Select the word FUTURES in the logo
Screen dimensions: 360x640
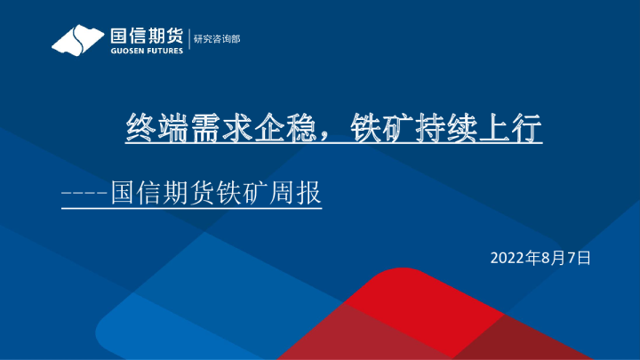click(x=165, y=52)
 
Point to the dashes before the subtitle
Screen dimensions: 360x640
click(x=84, y=192)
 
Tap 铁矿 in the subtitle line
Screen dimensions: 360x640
click(x=234, y=192)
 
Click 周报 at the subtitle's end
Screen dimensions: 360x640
click(x=299, y=192)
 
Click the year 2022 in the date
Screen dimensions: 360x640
click(x=507, y=259)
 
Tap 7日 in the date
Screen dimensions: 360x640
click(x=579, y=259)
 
